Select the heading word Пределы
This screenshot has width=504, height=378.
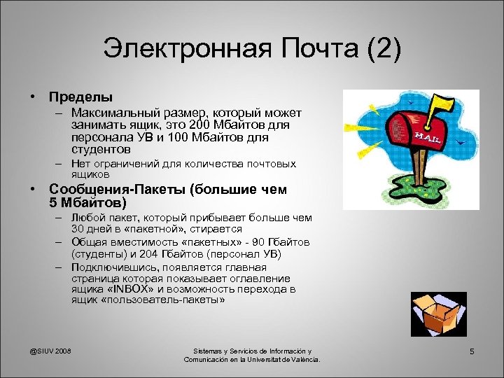coord(80,97)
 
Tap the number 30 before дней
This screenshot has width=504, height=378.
coord(78,229)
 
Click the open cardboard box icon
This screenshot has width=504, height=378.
coord(435,312)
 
